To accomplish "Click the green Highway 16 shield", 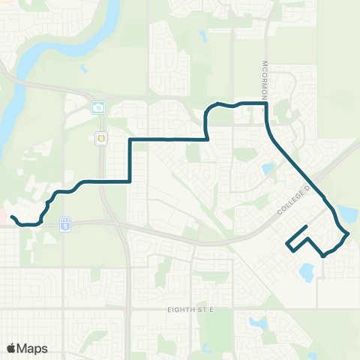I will [x=98, y=107].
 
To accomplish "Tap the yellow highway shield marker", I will [x=101, y=138].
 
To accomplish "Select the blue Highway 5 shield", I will [x=66, y=223].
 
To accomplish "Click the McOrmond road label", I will [x=265, y=78].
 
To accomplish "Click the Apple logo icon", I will [x=12, y=348].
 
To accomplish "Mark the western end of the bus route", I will [x=12, y=217].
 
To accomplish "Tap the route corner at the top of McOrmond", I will [x=265, y=104].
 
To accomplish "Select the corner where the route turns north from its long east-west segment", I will [x=207, y=139].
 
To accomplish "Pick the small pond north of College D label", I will [x=268, y=169].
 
